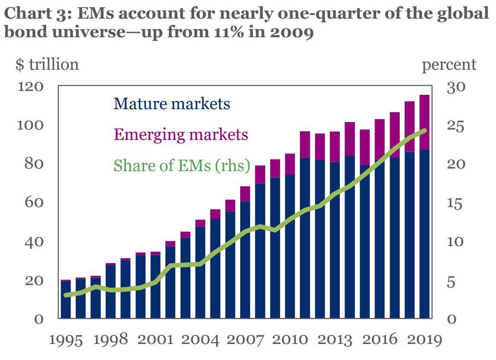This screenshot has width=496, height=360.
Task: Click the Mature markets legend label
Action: (x=171, y=104)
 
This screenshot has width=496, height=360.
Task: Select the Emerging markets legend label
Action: (x=180, y=134)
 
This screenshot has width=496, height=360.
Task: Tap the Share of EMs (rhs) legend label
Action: (x=182, y=165)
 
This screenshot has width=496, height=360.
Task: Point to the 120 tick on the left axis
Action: (x=31, y=87)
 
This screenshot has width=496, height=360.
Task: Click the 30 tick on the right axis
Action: (x=456, y=87)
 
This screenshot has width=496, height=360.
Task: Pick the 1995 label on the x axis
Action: (x=66, y=340)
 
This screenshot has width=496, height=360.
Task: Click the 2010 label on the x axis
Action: (x=290, y=340)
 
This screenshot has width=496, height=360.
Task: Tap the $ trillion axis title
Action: (x=47, y=65)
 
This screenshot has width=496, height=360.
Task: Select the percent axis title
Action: (x=449, y=65)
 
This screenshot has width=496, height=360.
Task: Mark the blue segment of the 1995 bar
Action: (x=66, y=299)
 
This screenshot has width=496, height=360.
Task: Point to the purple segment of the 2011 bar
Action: (x=305, y=144)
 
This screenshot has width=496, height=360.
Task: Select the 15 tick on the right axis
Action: (x=456, y=203)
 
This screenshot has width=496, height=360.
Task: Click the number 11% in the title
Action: (x=229, y=32)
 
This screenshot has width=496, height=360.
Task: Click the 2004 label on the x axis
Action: (x=200, y=340)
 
